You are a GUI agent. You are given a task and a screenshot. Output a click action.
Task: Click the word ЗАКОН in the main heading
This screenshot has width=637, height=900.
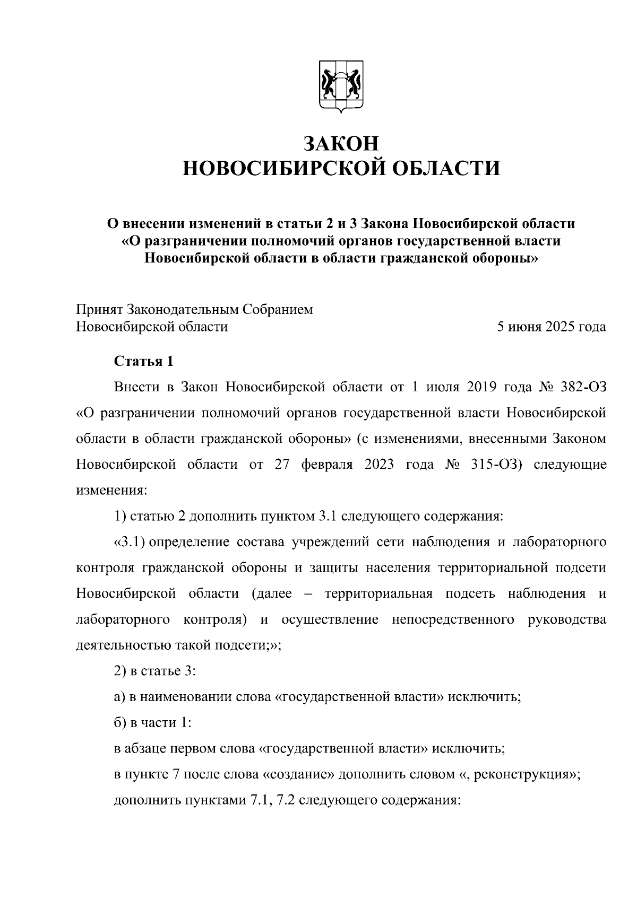pos(341,144)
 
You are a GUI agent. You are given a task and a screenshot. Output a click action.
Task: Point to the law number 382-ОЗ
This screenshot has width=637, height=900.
pos(583,387)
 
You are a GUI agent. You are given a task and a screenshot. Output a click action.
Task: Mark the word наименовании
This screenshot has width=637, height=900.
pos(180,697)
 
